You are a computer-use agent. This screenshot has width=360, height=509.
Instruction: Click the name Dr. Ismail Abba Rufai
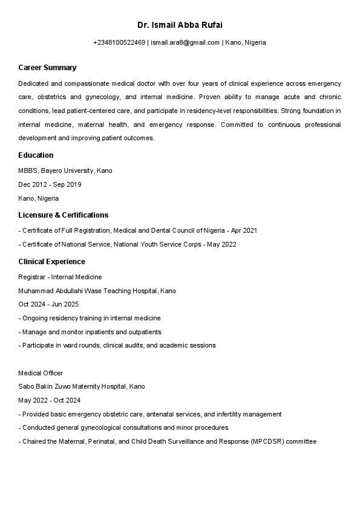point(180,25)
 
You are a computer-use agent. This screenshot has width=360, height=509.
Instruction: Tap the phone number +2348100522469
point(119,42)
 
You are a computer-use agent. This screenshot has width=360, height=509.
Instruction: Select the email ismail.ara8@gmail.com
point(185,42)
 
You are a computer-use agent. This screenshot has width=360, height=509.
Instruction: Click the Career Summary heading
point(47,67)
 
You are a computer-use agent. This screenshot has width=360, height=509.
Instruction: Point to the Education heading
point(36,155)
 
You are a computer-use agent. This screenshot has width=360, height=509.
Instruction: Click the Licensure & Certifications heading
point(63,215)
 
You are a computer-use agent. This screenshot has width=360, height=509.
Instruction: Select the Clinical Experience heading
point(51,262)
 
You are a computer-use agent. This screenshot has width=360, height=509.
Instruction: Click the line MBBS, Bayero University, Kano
point(65,170)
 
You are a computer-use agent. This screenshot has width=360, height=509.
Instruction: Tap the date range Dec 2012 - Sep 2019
point(50,184)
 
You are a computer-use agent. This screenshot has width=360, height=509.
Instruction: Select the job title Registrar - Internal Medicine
point(60,277)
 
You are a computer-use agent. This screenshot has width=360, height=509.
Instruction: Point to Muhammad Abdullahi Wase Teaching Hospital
point(97,291)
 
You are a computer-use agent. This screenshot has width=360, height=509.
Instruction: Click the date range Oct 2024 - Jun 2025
point(48,304)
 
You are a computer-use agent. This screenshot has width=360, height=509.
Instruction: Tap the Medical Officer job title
point(41,373)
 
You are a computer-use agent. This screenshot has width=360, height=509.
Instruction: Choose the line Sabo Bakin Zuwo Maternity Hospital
point(82,386)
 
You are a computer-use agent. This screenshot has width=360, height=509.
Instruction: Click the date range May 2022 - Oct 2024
point(50,400)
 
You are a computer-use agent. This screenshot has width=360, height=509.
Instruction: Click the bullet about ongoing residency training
point(90,318)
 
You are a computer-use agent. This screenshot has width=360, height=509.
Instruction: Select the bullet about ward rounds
point(117,345)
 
